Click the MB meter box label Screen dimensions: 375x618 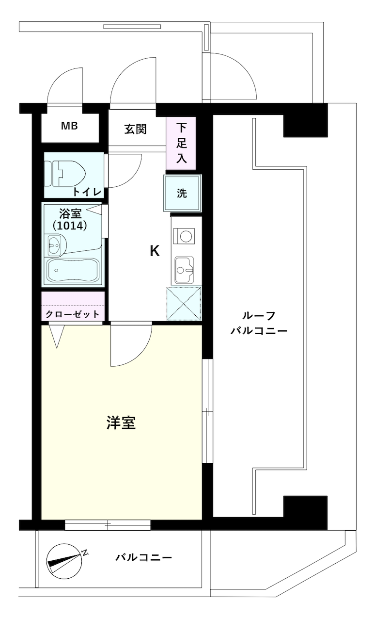pos(69,126)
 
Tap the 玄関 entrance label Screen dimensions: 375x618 pos(135,129)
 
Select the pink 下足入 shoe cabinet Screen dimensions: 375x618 pos(181,143)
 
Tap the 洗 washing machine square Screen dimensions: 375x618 pos(182,193)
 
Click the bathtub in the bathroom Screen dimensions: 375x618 pos(73,271)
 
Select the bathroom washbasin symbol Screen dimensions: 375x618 pos(57,245)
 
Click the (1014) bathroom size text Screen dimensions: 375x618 pos(70,226)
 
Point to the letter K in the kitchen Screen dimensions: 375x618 pos(155,251)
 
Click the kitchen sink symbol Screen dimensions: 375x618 pos(184,270)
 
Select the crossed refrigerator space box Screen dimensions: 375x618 pos(184,304)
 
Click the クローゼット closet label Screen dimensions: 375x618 pos(73,314)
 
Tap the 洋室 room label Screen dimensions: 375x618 pos(121,423)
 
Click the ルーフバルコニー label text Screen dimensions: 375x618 pos(259,323)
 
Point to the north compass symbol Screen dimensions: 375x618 pos(65,561)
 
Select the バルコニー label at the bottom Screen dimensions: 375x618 pos(143,557)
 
